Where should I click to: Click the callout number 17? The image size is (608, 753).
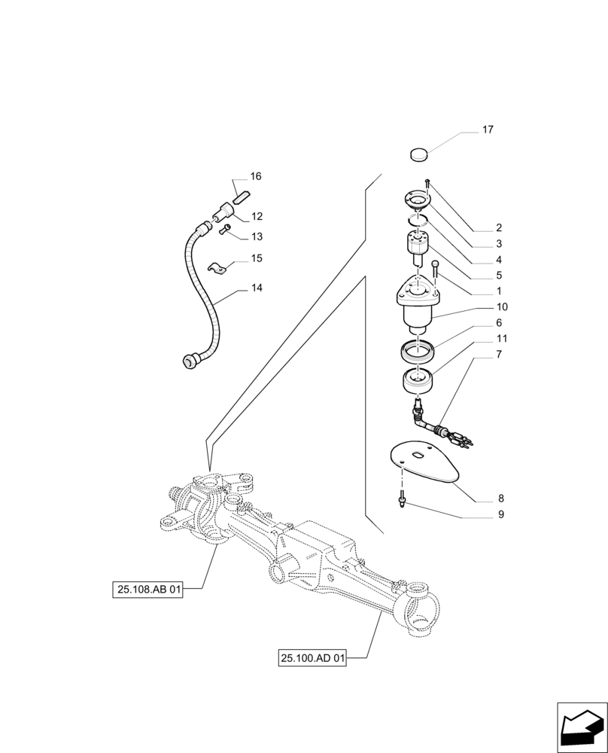(x=488, y=130)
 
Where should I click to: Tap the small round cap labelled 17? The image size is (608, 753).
(x=418, y=155)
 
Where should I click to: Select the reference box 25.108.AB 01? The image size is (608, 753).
(x=148, y=590)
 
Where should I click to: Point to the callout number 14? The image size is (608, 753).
(x=257, y=288)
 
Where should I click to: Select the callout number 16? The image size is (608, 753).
(x=256, y=176)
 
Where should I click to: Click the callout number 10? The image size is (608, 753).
(x=501, y=306)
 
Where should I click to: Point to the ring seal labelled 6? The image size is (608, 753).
(x=415, y=350)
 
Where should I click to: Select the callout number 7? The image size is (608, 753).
(x=500, y=354)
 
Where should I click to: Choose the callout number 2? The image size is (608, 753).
(x=499, y=227)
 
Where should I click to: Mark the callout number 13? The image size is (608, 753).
(x=257, y=236)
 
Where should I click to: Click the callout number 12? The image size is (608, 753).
(x=257, y=216)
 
